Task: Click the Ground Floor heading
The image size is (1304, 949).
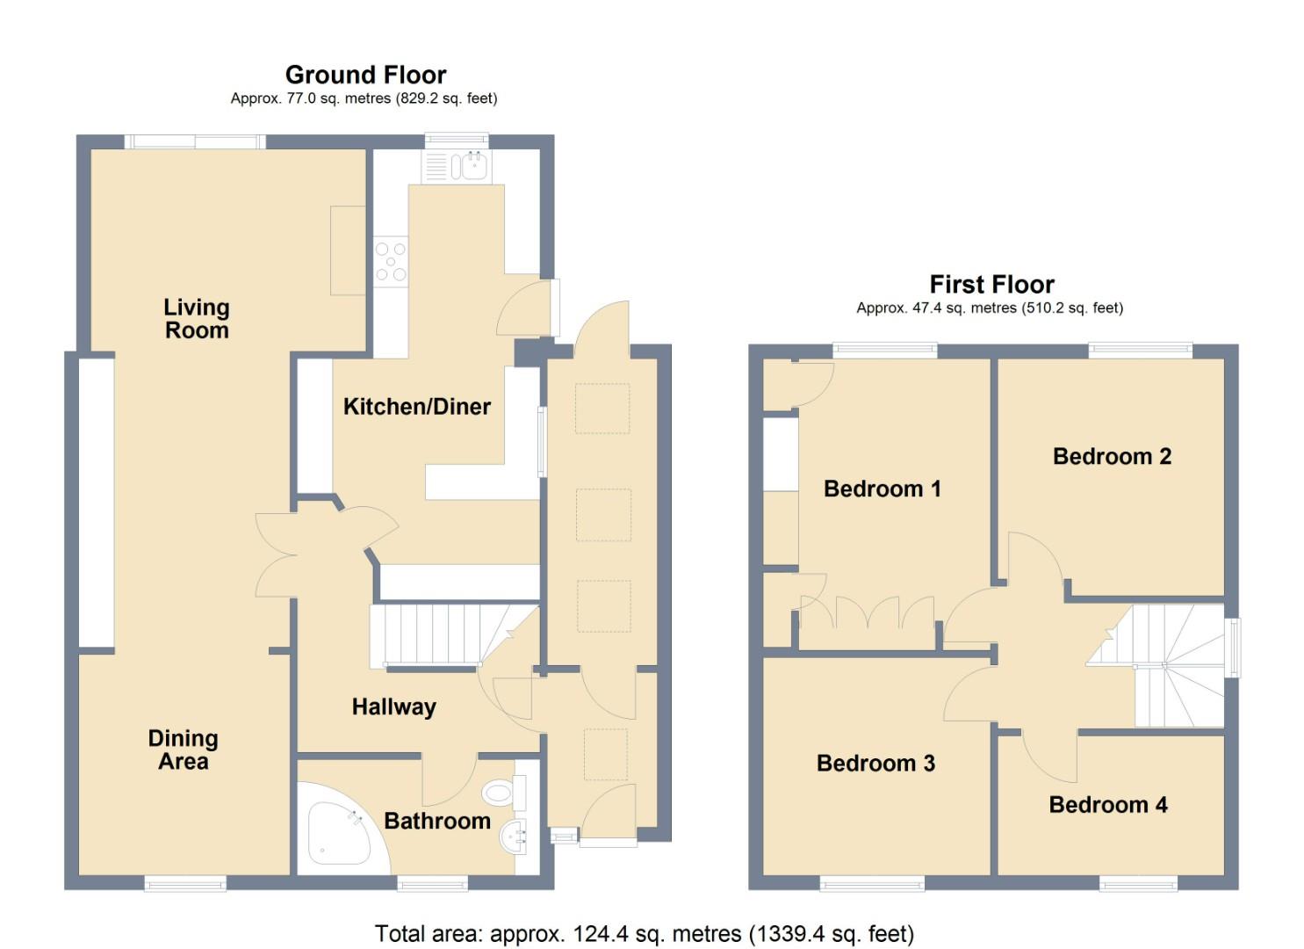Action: tap(365, 75)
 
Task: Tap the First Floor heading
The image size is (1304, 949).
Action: tap(991, 285)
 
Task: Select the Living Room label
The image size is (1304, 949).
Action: tap(197, 319)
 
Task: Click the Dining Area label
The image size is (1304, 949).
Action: tap(183, 750)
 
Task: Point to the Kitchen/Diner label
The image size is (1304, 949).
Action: tap(416, 407)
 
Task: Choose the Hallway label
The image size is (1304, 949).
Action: tap(393, 706)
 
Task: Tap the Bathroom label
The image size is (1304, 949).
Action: tap(437, 821)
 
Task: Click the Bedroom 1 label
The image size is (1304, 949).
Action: tap(882, 489)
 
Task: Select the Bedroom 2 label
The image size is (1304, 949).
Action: tap(1112, 456)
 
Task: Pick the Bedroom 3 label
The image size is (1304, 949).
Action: tap(875, 764)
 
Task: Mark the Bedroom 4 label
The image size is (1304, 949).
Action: tap(1108, 805)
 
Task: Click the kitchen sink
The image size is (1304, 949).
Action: tap(473, 166)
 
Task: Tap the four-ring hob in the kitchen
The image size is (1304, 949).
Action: tap(391, 262)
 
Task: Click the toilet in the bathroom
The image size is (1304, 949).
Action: tap(501, 793)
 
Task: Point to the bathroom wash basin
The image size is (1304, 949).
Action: tap(513, 837)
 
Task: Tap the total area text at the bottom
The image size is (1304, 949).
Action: tap(644, 933)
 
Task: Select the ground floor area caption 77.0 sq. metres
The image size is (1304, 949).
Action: tap(364, 98)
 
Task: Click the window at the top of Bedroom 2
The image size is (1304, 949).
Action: tap(1140, 350)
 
